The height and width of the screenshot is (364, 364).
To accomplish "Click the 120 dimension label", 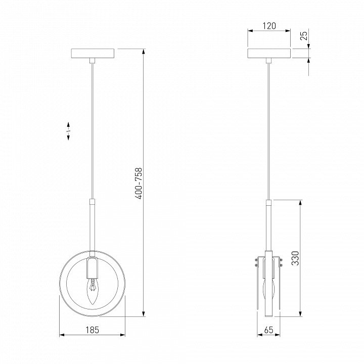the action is pyautogui.click(x=269, y=26).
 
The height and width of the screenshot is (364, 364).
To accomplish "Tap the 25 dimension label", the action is pyautogui.click(x=304, y=35).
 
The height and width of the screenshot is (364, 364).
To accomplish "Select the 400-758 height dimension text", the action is pyautogui.click(x=139, y=184).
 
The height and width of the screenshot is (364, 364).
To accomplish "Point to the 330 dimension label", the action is pyautogui.click(x=296, y=258).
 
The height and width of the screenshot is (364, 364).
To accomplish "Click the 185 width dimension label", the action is pyautogui.click(x=93, y=330).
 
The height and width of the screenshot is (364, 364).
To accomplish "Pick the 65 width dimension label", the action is pyautogui.click(x=269, y=330).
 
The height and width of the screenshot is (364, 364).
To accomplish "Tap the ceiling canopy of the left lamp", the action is pyautogui.click(x=93, y=53).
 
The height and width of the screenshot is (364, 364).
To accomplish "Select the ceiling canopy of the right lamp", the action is pyautogui.click(x=269, y=53).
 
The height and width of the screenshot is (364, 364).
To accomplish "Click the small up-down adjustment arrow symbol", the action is pyautogui.click(x=68, y=131).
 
